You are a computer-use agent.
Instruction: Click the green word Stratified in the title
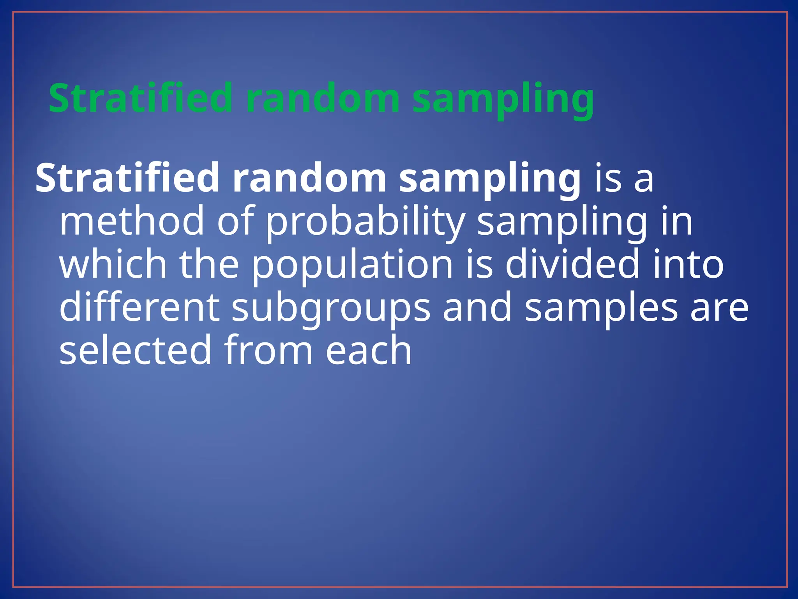pos(140,98)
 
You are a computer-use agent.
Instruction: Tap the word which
pos(113,264)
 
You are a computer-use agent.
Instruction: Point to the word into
pos(688,264)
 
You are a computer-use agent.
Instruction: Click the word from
pos(268,350)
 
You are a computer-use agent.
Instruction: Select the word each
pos(368,350)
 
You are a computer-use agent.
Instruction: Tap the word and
pos(477,307)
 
